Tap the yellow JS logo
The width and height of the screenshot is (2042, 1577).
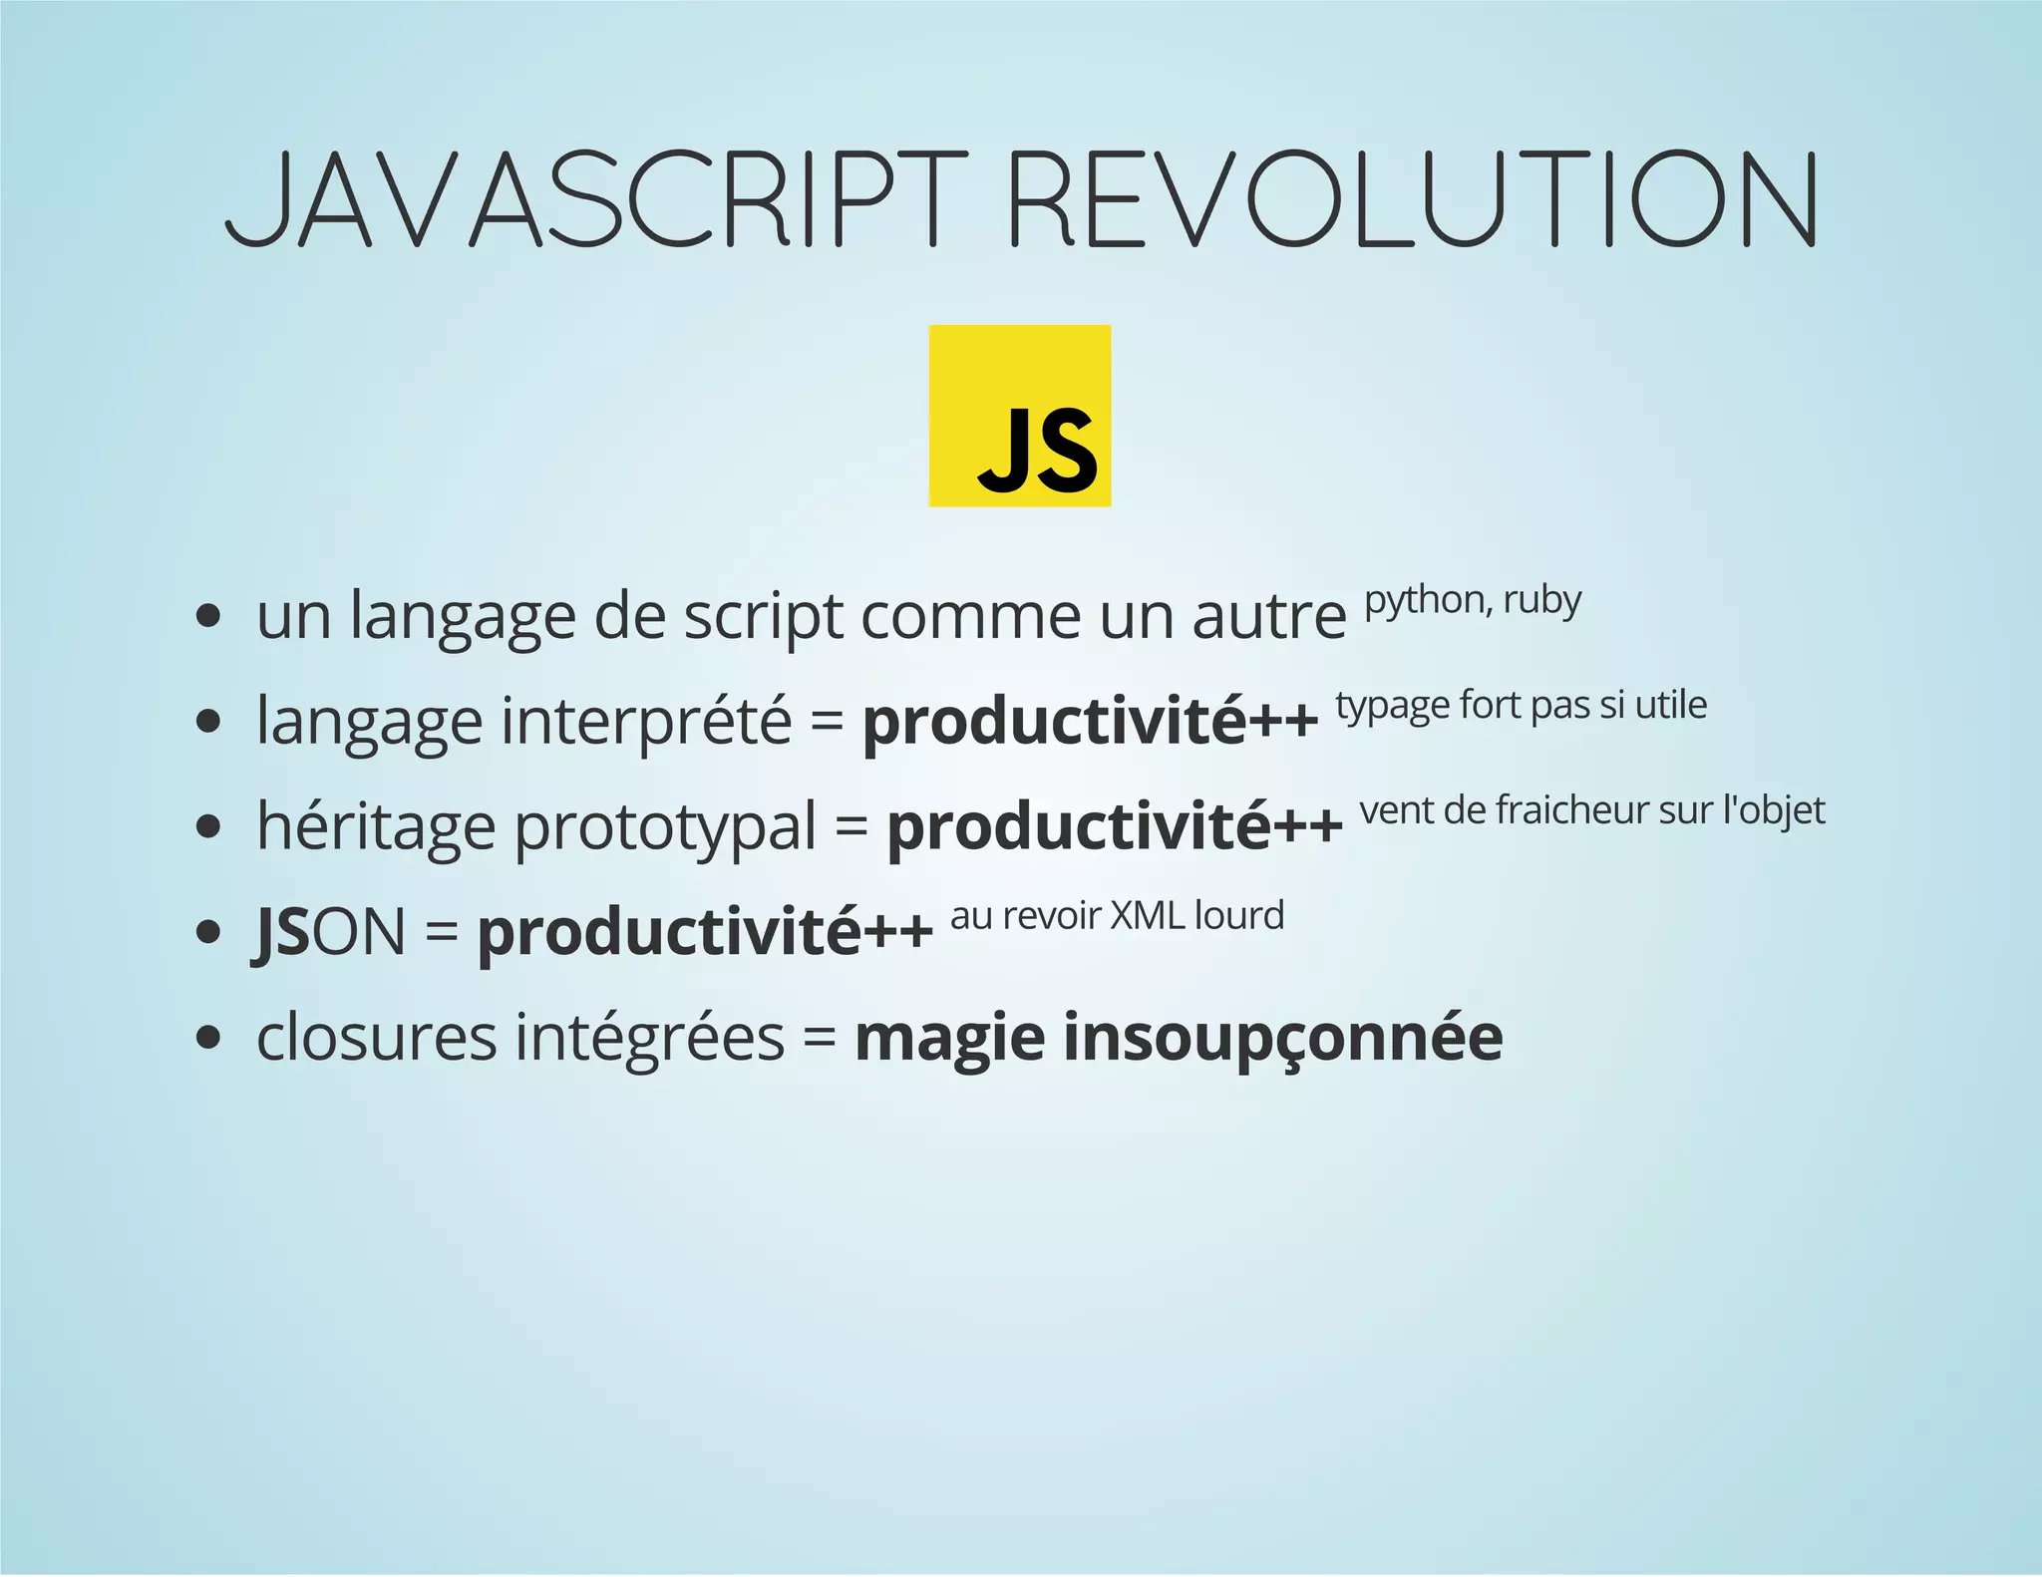click(x=1020, y=416)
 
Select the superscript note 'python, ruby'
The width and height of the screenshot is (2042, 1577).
click(x=1473, y=600)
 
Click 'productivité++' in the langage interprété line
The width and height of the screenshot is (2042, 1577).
click(x=1090, y=721)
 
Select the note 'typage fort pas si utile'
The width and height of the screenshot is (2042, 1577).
click(x=1521, y=705)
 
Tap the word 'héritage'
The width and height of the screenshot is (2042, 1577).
click(x=376, y=826)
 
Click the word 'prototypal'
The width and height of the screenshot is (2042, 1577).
click(x=665, y=826)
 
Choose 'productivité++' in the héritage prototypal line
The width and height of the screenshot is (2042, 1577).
click(x=1115, y=826)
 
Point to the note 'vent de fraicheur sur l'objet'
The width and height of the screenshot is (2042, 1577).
click(x=1591, y=810)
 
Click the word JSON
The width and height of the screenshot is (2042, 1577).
click(x=330, y=932)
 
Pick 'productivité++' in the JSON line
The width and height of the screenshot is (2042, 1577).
click(x=705, y=932)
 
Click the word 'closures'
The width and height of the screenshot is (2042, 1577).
click(x=376, y=1038)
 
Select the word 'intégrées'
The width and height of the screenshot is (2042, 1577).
click(x=649, y=1038)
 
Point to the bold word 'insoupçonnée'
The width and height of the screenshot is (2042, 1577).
click(x=1282, y=1038)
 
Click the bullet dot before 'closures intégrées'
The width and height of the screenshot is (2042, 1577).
click(x=207, y=1038)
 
